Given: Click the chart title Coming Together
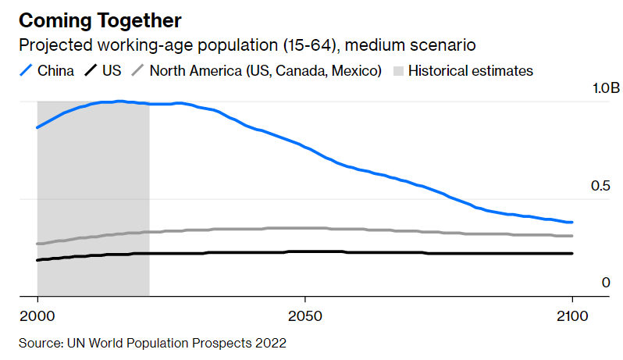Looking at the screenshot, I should tap(100, 20).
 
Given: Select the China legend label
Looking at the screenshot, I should tap(55, 71).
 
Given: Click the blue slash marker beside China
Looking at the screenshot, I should tap(25, 71).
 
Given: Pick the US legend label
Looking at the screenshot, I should tap(112, 71).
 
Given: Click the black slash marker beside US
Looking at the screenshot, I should tap(91, 71).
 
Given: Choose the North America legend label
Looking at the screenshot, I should tap(265, 71).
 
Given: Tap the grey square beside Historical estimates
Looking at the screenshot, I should tap(397, 71).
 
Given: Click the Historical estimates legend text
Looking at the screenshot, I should tap(470, 71).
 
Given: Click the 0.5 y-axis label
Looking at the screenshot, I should tap(599, 186).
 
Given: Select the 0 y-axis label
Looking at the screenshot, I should tap(605, 283).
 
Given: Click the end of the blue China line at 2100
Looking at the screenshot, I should tap(572, 223).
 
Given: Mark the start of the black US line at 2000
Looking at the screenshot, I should tap(37, 260).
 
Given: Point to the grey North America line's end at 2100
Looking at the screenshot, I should tap(572, 236).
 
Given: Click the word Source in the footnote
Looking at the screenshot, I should tap(38, 343).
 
